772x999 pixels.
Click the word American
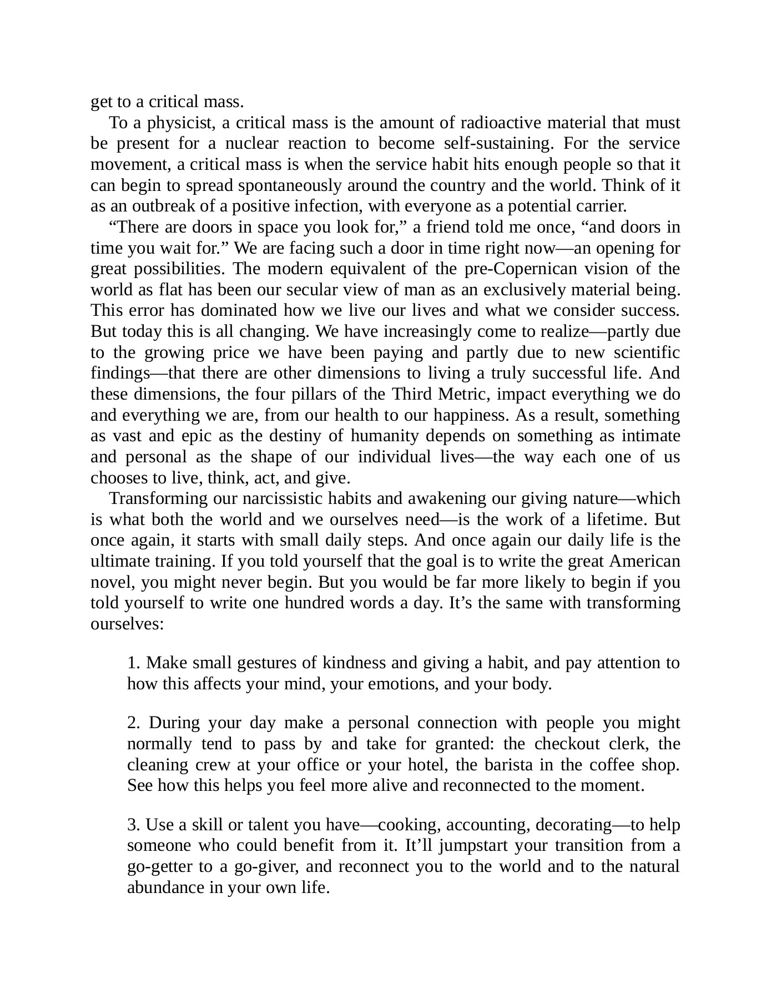point(644,561)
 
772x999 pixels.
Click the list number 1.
point(134,663)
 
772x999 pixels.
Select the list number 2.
point(134,723)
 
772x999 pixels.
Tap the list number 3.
point(134,825)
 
